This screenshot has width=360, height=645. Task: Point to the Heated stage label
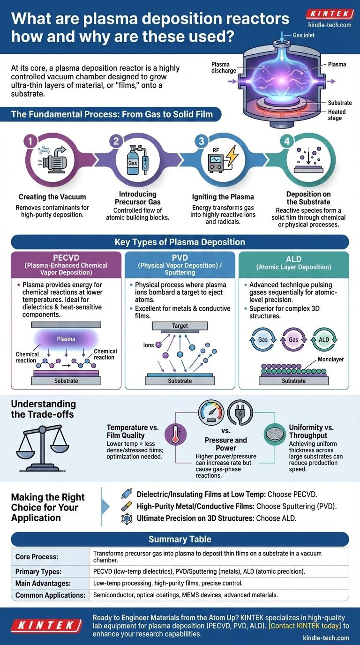click(x=337, y=115)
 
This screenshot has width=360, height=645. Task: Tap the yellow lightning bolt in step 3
click(x=232, y=155)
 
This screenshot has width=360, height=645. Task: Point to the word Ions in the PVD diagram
click(x=149, y=345)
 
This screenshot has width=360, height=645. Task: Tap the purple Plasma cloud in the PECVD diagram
click(x=66, y=338)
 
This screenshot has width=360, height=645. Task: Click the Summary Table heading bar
click(x=180, y=539)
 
